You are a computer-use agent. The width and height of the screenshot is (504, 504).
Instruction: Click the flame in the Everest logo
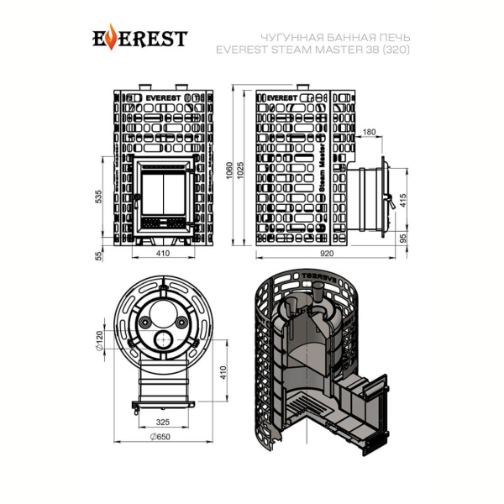pos(111,37)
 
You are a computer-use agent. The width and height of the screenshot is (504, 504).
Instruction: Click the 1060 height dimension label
pos(229,171)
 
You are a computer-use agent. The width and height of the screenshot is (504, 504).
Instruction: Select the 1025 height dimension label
pos(241,171)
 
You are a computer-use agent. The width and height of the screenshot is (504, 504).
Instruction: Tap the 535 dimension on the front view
pos(98,197)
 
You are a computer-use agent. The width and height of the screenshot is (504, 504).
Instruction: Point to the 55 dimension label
pos(98,256)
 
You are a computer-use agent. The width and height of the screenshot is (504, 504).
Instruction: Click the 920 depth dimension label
pos(327,254)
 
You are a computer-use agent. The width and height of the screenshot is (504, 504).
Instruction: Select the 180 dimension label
pos(369,132)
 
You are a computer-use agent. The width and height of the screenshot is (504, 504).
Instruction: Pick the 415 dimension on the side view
pos(403,200)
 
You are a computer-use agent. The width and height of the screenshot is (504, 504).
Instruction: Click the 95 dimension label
pos(403,239)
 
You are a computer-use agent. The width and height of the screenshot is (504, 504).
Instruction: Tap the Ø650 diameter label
pos(160,437)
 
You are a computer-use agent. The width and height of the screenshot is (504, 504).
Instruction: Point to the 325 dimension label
pos(163,422)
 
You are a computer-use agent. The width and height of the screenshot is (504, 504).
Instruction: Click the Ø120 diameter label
pos(99,340)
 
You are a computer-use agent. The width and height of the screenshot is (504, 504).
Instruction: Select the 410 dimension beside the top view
pos(223,372)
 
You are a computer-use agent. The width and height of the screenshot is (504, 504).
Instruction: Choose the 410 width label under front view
pos(163,254)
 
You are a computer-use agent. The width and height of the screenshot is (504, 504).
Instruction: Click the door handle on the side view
pos(389,200)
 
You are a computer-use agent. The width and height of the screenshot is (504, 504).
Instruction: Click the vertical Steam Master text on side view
pos(322,168)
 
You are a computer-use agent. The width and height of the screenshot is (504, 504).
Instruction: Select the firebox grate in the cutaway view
pos(307,406)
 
